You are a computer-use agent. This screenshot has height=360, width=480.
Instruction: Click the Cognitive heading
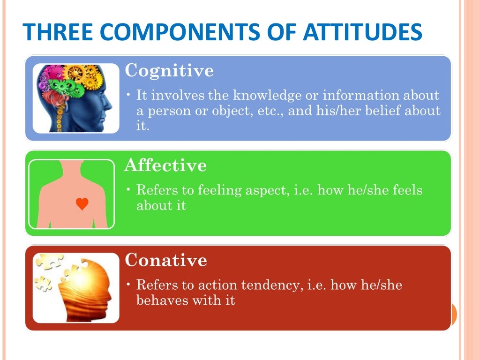click(169, 71)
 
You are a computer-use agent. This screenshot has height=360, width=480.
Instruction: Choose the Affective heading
click(165, 165)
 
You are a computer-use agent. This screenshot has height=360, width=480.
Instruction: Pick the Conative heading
click(166, 260)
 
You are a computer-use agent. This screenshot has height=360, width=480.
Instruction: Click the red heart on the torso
click(82, 204)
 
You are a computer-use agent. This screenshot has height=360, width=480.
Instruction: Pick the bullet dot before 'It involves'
click(129, 96)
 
